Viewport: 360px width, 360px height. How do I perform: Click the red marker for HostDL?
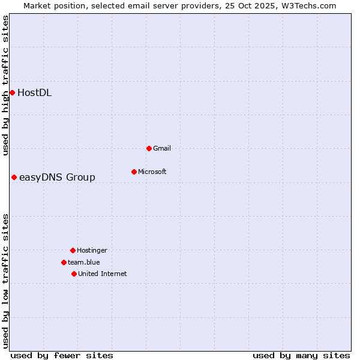(x=12, y=92)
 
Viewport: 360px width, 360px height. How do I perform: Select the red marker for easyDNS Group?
(x=14, y=177)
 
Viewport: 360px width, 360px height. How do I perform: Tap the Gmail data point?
(x=149, y=148)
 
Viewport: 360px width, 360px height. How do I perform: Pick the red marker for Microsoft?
(x=134, y=172)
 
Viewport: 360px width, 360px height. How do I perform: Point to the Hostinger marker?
(x=73, y=250)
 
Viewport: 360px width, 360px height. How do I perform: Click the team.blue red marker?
(x=64, y=262)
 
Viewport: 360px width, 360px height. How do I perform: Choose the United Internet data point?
(x=74, y=274)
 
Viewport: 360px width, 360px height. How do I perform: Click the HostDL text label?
(x=34, y=92)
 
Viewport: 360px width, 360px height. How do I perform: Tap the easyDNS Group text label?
(x=57, y=177)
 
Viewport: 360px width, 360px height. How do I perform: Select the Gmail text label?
(x=162, y=148)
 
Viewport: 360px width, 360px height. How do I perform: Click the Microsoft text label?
(x=152, y=172)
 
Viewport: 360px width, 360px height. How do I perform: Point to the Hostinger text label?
(x=92, y=250)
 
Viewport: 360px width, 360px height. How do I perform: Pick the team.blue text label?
(x=84, y=262)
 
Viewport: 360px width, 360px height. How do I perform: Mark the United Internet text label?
(x=103, y=274)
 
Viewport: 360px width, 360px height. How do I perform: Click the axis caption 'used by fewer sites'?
(x=62, y=355)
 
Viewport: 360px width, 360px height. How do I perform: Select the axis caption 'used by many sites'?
(x=301, y=355)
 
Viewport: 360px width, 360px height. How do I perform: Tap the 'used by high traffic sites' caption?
(x=5, y=85)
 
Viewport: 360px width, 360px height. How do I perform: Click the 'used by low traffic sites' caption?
(x=5, y=281)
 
